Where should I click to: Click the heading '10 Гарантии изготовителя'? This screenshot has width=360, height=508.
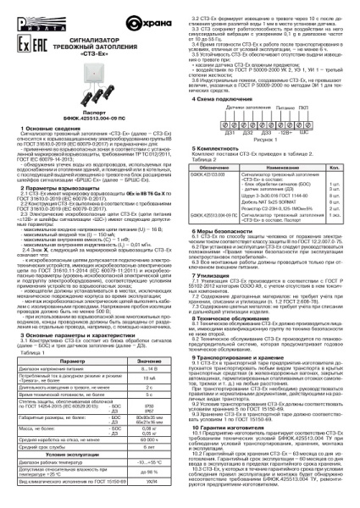224,429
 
